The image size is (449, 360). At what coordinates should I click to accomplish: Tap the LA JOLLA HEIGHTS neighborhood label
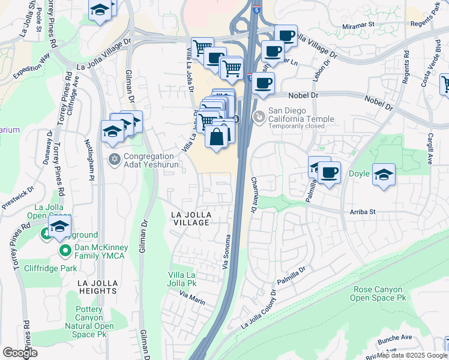pyautogui.click(x=97, y=286)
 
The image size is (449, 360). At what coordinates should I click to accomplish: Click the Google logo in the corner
pyautogui.click(x=20, y=352)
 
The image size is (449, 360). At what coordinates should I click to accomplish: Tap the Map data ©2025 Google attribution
pyautogui.click(x=412, y=355)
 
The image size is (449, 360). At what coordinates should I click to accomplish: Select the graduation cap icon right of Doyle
pyautogui.click(x=384, y=175)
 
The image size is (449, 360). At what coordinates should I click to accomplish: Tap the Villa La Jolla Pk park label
pyautogui.click(x=183, y=278)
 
